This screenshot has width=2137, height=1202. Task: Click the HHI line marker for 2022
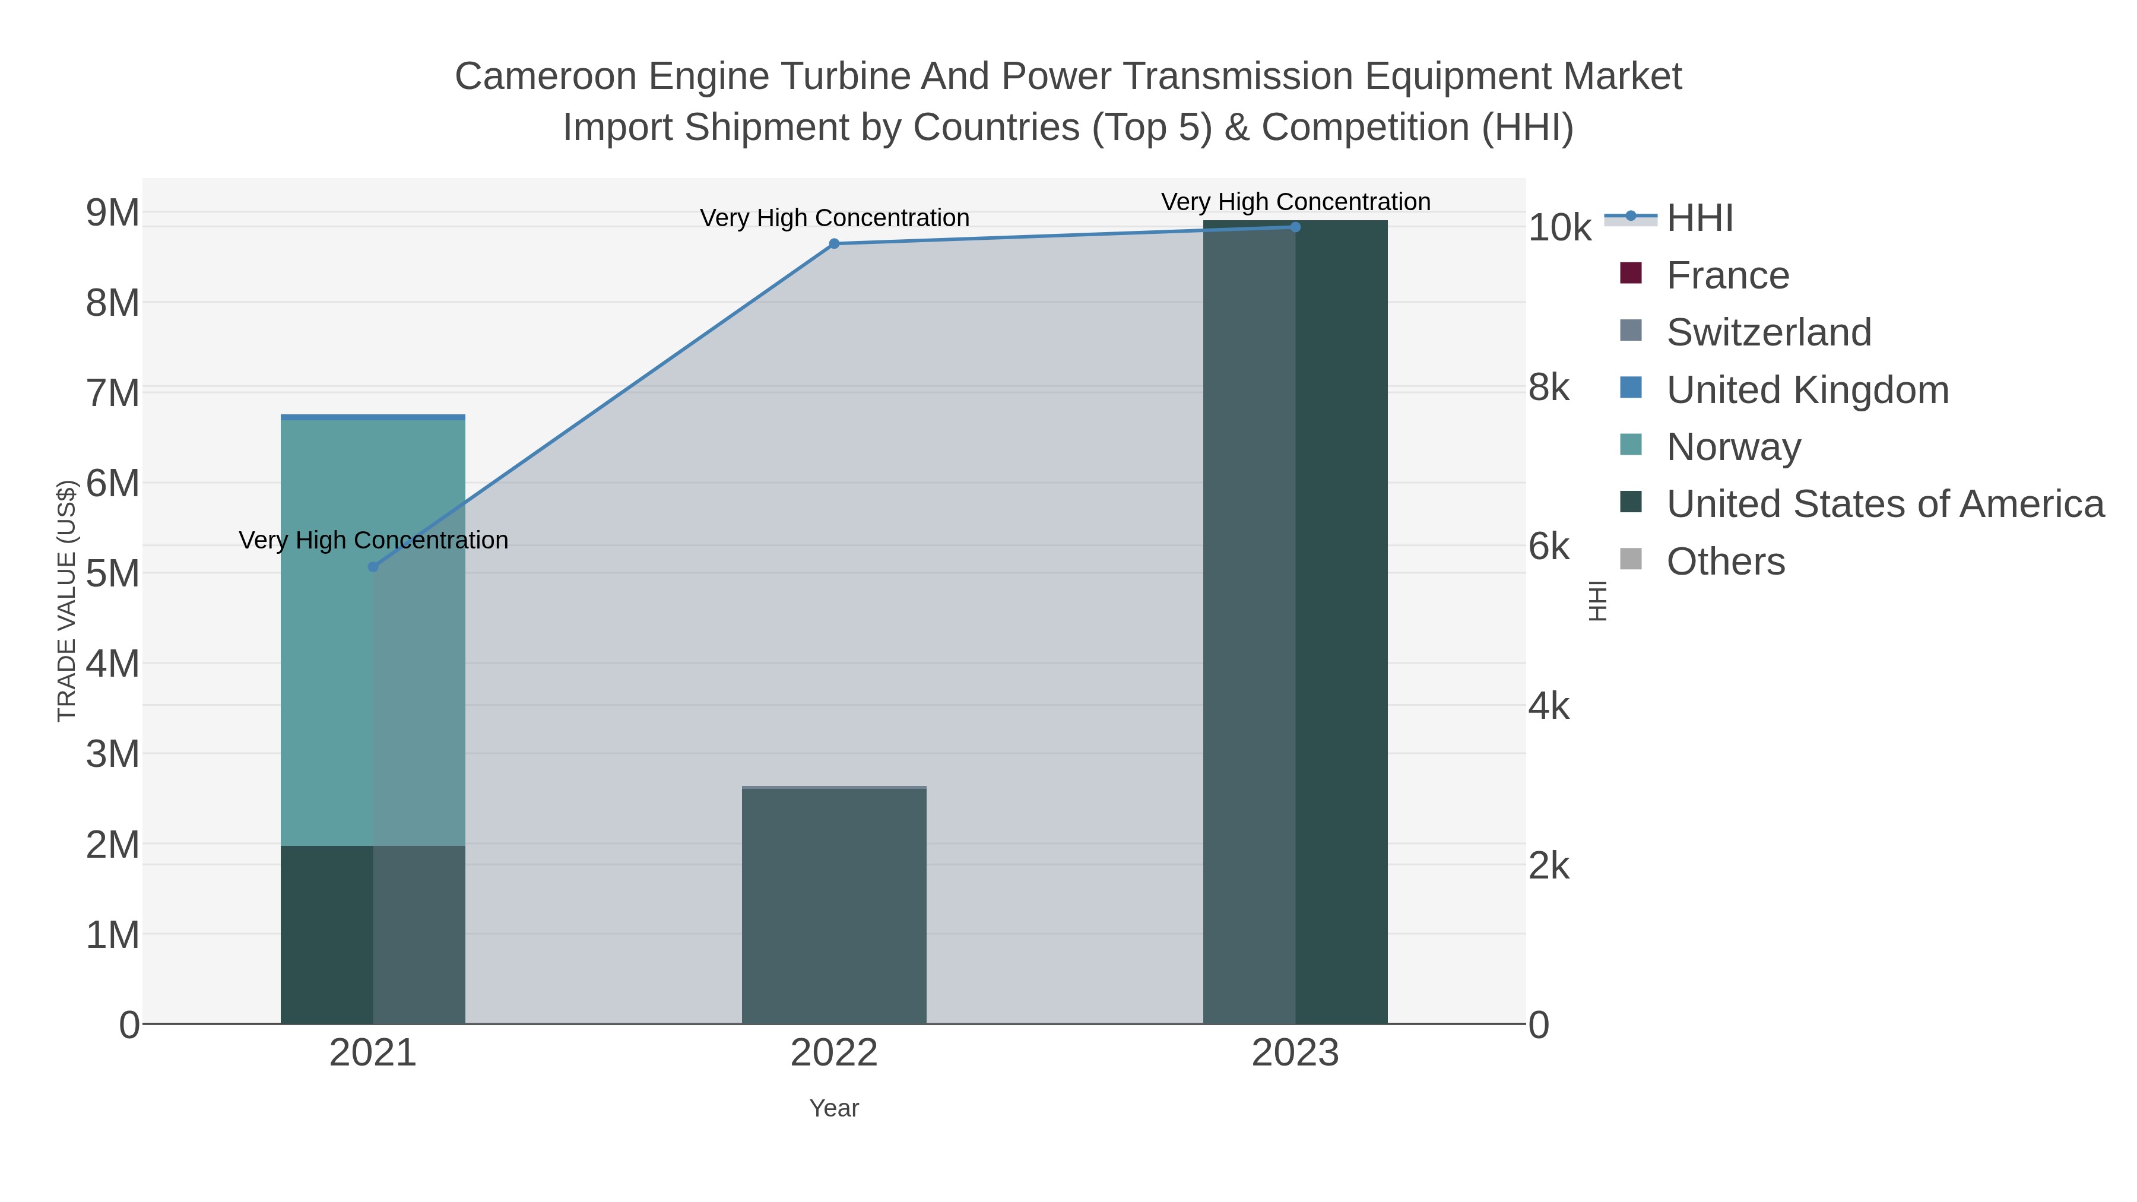click(834, 244)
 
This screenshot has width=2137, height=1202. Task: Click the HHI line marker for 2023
click(1295, 227)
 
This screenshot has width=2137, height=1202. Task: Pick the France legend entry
click(1727, 275)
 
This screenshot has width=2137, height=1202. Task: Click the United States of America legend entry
click(1885, 505)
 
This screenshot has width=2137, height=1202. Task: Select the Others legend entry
click(1726, 562)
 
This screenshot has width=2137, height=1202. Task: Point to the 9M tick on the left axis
click(113, 213)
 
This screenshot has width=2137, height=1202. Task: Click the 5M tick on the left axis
click(113, 573)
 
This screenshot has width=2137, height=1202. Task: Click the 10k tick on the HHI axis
click(1559, 227)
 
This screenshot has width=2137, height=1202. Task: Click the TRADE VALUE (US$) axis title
click(66, 601)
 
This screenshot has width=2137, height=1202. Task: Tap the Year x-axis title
click(834, 1108)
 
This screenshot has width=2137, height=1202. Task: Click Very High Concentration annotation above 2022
click(834, 218)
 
